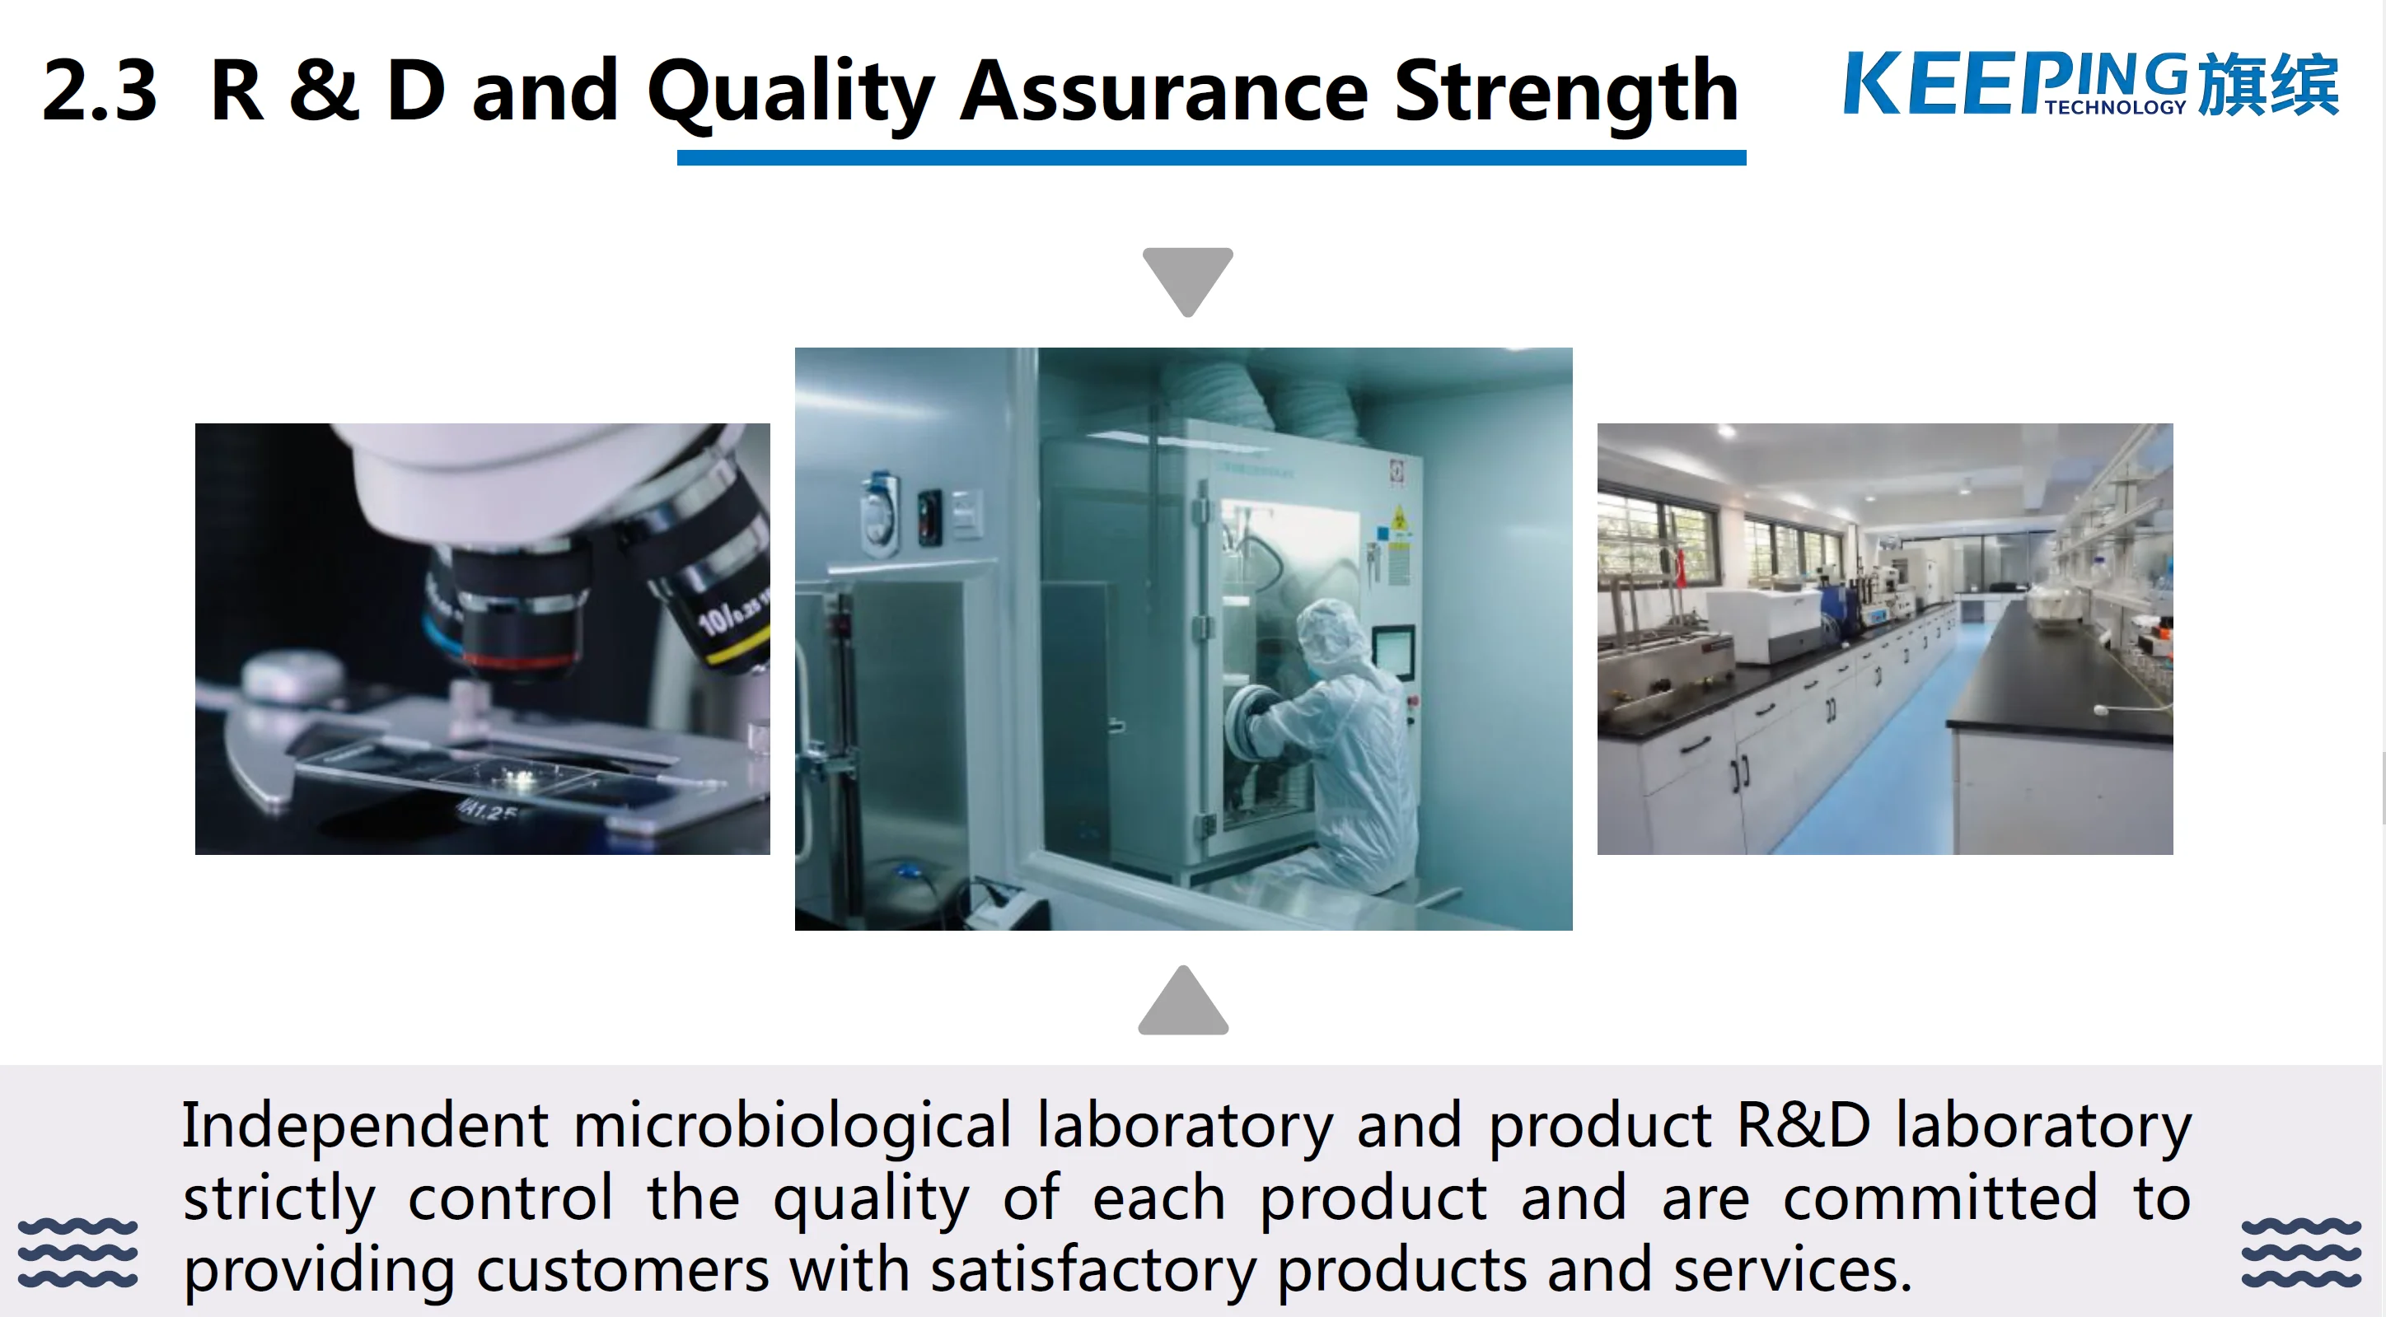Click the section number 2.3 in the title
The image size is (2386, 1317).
[100, 91]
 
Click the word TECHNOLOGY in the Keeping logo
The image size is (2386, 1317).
[2115, 107]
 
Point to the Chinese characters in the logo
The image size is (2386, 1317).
[2267, 84]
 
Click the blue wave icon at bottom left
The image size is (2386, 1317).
[77, 1252]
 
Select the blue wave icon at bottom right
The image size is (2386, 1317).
[2301, 1252]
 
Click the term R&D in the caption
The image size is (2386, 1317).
[1803, 1125]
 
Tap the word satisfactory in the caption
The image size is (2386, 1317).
[1093, 1270]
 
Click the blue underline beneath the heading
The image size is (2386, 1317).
[1211, 158]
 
